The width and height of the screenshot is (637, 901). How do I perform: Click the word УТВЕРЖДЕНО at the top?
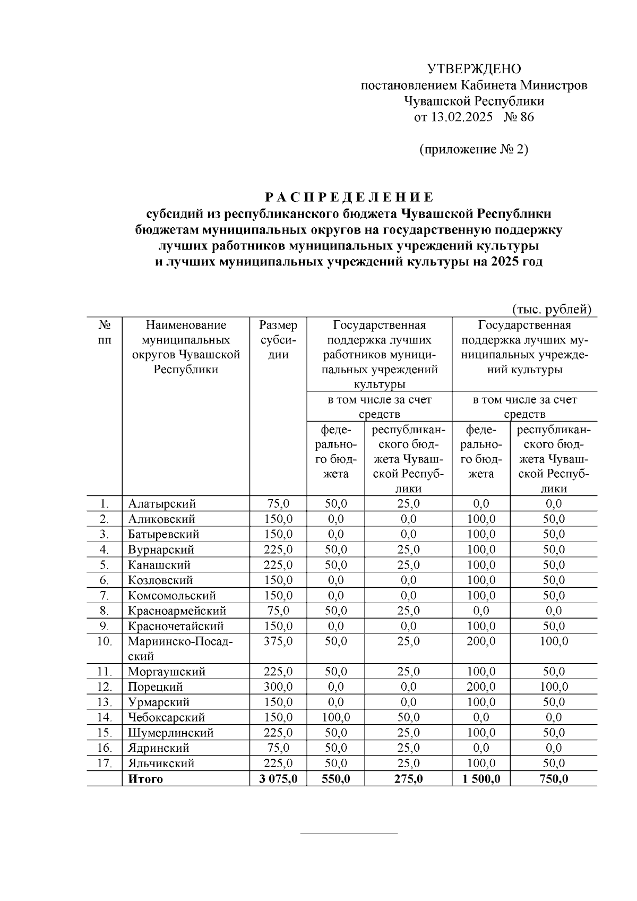(x=474, y=69)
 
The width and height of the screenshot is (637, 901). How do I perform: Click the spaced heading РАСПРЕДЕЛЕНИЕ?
(x=350, y=198)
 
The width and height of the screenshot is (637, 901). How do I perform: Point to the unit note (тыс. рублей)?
(x=552, y=309)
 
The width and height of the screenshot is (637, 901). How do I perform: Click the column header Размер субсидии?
(x=278, y=340)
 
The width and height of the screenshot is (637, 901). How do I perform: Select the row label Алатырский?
(x=162, y=503)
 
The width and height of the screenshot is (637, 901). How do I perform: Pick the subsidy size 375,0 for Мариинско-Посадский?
(x=278, y=641)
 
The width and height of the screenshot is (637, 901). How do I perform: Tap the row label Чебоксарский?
(x=166, y=718)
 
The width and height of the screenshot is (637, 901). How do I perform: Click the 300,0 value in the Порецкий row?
(x=278, y=687)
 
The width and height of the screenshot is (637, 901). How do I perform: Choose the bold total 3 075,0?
(x=278, y=779)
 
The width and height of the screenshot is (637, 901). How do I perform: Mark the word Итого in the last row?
(x=145, y=779)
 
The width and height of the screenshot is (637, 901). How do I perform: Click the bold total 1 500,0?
(x=481, y=779)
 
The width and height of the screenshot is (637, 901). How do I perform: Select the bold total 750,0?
(x=554, y=779)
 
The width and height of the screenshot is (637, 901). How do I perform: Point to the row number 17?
(x=105, y=763)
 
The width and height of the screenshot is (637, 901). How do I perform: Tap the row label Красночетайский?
(x=176, y=626)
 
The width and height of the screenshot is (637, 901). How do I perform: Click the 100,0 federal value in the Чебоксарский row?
(x=336, y=718)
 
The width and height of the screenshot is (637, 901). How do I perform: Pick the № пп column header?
(x=105, y=332)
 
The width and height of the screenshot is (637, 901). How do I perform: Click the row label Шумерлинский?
(x=170, y=733)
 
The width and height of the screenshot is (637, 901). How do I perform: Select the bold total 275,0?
(x=408, y=779)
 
